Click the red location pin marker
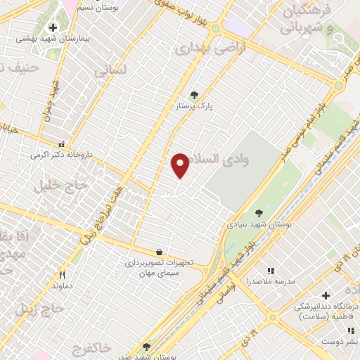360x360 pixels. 181,165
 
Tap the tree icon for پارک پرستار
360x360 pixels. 194,95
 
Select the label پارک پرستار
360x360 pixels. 195,107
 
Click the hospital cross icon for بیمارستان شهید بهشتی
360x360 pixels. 53,27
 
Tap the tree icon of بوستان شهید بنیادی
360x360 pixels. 259,212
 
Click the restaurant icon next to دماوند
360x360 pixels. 62,275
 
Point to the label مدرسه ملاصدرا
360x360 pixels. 269,282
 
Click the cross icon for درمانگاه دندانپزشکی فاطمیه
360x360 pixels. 324,295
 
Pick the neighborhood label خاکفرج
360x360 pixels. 91,347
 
